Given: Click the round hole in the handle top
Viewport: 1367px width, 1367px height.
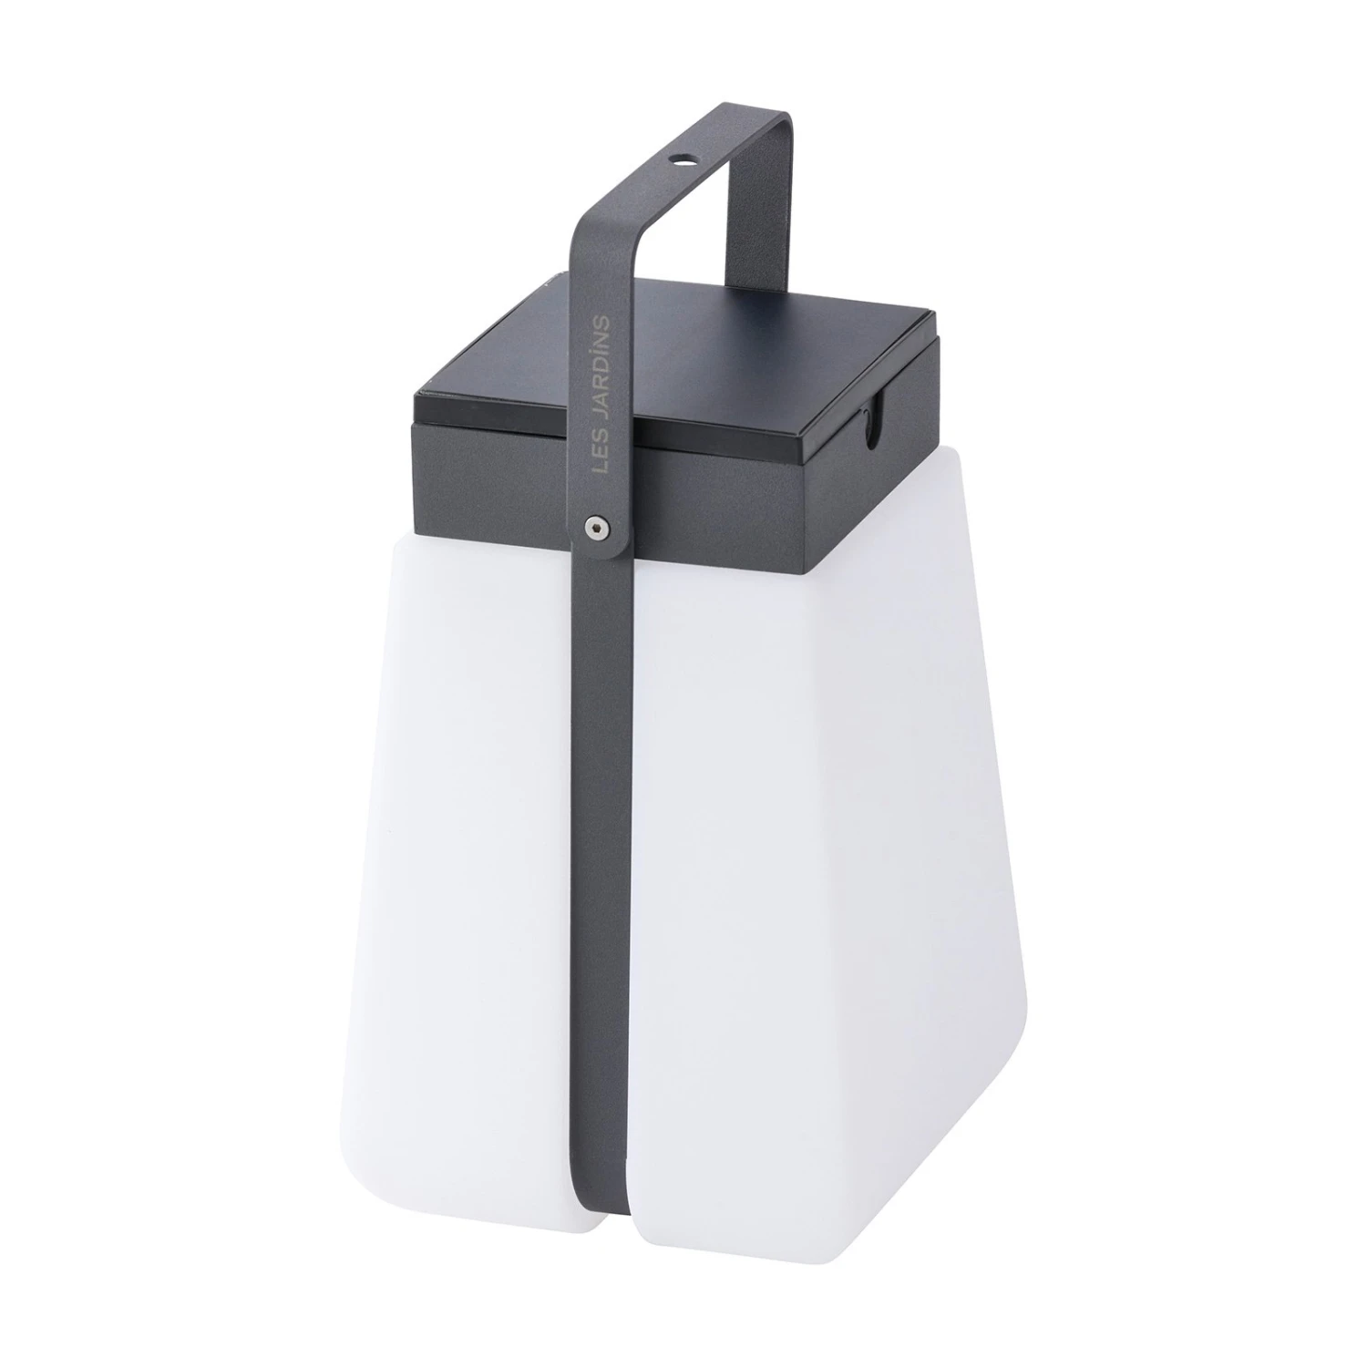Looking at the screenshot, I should [677, 158].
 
